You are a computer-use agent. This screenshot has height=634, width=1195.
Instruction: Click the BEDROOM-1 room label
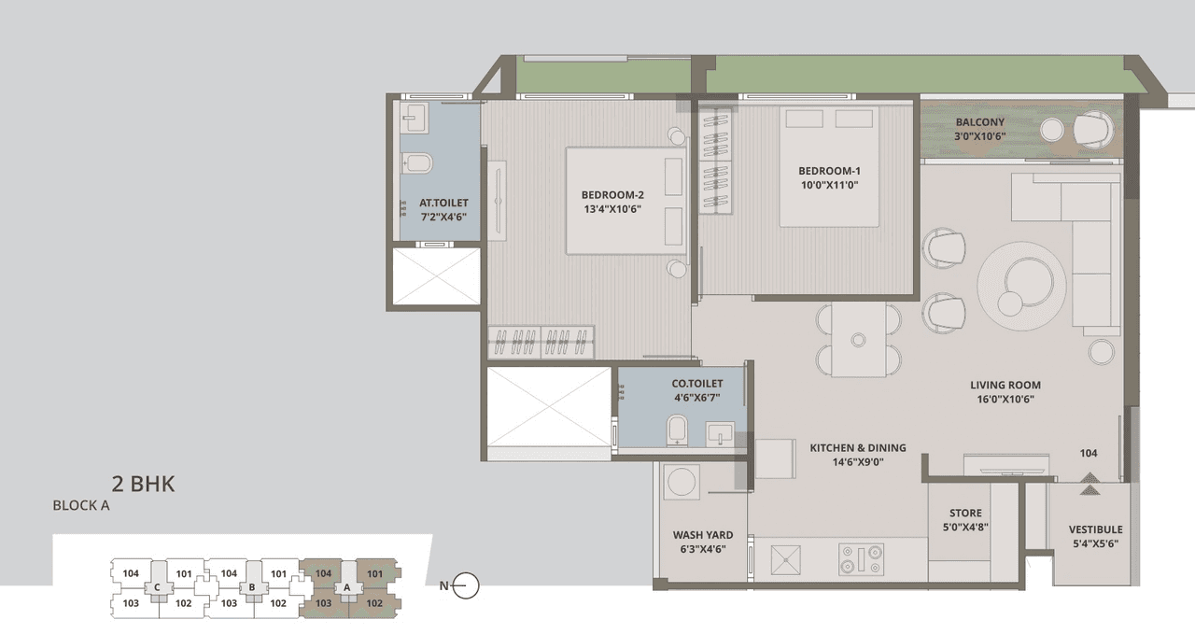828,171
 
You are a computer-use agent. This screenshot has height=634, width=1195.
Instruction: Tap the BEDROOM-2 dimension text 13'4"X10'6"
612,209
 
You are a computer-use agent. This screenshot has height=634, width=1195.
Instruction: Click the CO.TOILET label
697,384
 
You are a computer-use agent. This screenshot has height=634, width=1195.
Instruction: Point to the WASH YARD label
702,535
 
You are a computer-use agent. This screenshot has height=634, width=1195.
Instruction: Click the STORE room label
965,513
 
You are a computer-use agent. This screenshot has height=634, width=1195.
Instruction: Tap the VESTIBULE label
1095,529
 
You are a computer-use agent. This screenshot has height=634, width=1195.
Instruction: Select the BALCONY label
979,122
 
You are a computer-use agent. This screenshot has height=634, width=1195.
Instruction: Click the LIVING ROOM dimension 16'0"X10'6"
1005,400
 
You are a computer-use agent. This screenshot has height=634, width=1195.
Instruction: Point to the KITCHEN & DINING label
857,447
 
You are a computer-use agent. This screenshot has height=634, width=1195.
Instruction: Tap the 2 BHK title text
143,484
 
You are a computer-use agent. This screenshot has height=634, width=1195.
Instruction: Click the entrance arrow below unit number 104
1089,481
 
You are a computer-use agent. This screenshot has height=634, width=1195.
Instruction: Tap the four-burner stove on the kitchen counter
861,559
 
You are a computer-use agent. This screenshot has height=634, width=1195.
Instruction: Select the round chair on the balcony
1091,129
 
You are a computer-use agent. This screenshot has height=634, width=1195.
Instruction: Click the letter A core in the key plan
348,587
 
